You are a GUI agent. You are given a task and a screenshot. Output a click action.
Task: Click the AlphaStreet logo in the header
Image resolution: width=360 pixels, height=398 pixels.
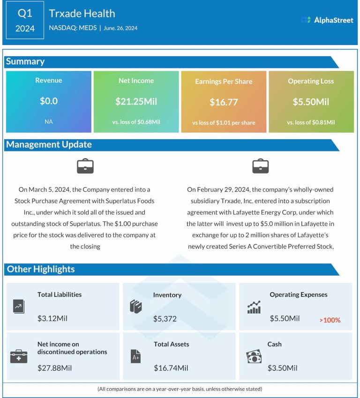pyautogui.click(x=327, y=20)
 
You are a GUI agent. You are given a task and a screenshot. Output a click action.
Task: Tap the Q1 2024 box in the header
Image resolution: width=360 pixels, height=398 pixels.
pyautogui.click(x=25, y=21)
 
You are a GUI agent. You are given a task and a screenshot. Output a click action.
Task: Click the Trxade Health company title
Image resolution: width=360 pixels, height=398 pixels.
pyautogui.click(x=82, y=14)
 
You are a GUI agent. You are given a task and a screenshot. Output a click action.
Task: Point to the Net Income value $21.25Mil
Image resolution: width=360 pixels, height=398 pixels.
pyautogui.click(x=136, y=101)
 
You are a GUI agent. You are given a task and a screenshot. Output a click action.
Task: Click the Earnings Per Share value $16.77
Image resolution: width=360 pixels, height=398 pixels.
pyautogui.click(x=224, y=102)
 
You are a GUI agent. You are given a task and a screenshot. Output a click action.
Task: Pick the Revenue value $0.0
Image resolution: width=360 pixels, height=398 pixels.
pyautogui.click(x=49, y=101)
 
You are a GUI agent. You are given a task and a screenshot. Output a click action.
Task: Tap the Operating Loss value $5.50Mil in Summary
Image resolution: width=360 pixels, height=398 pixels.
pyautogui.click(x=311, y=102)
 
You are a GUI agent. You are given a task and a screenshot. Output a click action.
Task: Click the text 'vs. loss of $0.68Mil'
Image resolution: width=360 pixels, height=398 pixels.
pyautogui.click(x=136, y=122)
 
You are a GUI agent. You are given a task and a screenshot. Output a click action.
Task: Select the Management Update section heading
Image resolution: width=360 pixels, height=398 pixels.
pyautogui.click(x=49, y=144)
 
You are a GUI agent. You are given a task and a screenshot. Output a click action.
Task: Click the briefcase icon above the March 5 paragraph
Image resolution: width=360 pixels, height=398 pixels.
pyautogui.click(x=85, y=166)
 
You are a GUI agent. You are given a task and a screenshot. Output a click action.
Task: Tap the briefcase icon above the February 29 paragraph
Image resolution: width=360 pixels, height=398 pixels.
pyautogui.click(x=260, y=166)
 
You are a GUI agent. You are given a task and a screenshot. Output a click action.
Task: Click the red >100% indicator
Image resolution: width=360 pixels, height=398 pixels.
pyautogui.click(x=330, y=321)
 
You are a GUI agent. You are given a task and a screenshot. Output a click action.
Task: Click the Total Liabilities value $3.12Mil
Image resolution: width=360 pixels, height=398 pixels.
pyautogui.click(x=52, y=319)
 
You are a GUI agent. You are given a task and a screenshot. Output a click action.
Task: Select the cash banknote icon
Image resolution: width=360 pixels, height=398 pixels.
pyautogui.click(x=254, y=357)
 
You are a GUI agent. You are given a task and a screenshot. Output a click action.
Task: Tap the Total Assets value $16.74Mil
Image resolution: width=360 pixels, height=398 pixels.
pyautogui.click(x=171, y=368)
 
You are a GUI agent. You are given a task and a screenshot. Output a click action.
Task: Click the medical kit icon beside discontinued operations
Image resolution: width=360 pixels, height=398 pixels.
pyautogui.click(x=19, y=357)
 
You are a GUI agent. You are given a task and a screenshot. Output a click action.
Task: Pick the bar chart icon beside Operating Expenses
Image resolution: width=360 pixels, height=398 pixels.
pyautogui.click(x=254, y=308)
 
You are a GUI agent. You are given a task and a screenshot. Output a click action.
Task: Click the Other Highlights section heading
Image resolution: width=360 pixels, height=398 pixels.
pyautogui.click(x=40, y=269)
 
